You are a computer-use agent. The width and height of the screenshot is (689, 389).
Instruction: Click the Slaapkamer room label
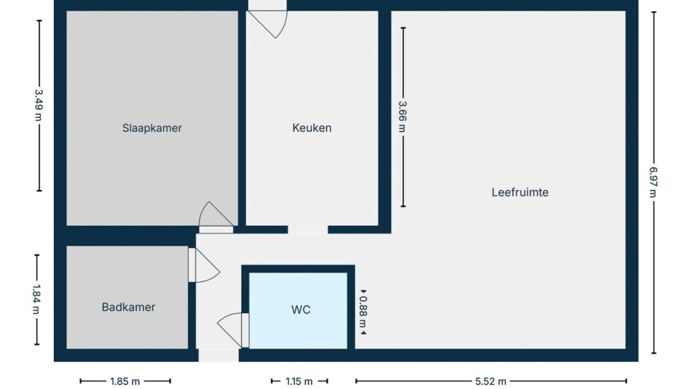pyautogui.click(x=152, y=128)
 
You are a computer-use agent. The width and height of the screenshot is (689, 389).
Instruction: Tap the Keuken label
pyautogui.click(x=312, y=128)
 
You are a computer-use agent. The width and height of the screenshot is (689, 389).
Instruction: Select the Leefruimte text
pyautogui.click(x=520, y=192)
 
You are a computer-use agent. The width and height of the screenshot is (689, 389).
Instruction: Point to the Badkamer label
pyautogui.click(x=128, y=307)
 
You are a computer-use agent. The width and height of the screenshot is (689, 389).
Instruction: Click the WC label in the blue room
pyautogui.click(x=301, y=309)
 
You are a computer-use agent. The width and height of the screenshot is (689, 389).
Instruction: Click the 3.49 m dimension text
pyautogui.click(x=39, y=106)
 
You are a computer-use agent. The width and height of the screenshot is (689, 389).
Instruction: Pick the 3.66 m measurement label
pyautogui.click(x=403, y=117)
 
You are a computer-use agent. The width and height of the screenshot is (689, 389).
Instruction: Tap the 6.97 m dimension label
pyautogui.click(x=654, y=182)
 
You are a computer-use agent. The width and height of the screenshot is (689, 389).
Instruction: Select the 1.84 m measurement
pyautogui.click(x=36, y=300)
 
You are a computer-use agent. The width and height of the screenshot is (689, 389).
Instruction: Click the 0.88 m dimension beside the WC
pyautogui.click(x=363, y=312)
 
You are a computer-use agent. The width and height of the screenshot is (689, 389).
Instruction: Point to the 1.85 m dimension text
pyautogui.click(x=125, y=381)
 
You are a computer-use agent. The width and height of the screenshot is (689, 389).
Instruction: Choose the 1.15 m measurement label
pyautogui.click(x=299, y=381)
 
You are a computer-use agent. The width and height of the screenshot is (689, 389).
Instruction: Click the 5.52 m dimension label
pyautogui.click(x=491, y=381)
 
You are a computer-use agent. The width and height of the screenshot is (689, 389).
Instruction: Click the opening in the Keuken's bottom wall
pyautogui.click(x=308, y=230)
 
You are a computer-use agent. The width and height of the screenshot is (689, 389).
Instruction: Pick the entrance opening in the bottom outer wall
pyautogui.click(x=218, y=355)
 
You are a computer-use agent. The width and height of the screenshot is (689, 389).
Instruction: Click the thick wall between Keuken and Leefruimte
pyautogui.click(x=384, y=118)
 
